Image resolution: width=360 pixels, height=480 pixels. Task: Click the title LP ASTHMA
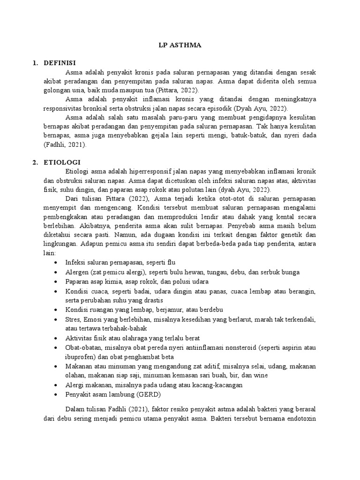180,46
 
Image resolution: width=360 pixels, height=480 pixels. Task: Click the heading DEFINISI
60,63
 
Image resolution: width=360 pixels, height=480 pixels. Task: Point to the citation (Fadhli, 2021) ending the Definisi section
65,145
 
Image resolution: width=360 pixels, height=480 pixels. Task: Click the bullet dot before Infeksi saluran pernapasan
57,262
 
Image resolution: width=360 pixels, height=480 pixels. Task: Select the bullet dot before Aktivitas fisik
57,338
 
